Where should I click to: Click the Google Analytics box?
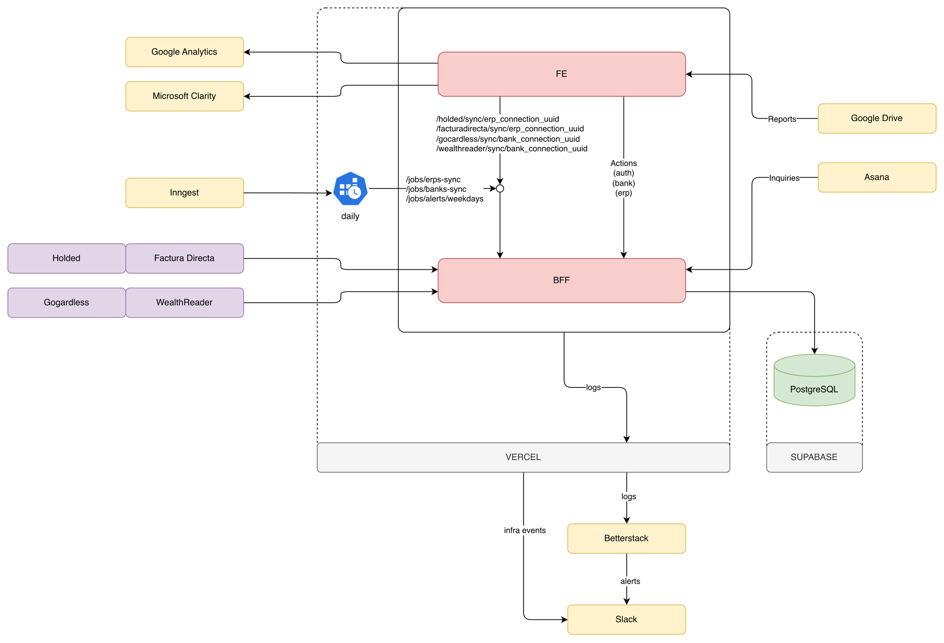click(x=185, y=52)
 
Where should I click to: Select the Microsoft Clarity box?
click(x=185, y=96)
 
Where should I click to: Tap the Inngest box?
click(x=185, y=193)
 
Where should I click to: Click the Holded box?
click(x=67, y=258)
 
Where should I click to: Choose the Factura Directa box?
click(x=185, y=258)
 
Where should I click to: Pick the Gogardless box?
click(x=67, y=302)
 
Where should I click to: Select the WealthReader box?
click(x=185, y=302)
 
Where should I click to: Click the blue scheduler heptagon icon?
click(x=350, y=189)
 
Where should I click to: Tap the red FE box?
click(x=561, y=74)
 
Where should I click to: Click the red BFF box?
click(x=561, y=280)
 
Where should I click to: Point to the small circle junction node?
click(x=500, y=189)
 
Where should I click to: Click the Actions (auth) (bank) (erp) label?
click(x=624, y=178)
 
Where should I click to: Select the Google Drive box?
click(x=877, y=119)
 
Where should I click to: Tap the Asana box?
click(x=877, y=177)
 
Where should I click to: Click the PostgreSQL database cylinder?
click(x=814, y=381)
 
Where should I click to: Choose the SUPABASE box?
click(x=814, y=457)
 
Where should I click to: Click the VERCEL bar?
click(x=523, y=457)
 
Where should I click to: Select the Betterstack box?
click(x=626, y=539)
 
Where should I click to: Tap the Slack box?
click(x=626, y=619)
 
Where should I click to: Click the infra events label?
click(x=524, y=531)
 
